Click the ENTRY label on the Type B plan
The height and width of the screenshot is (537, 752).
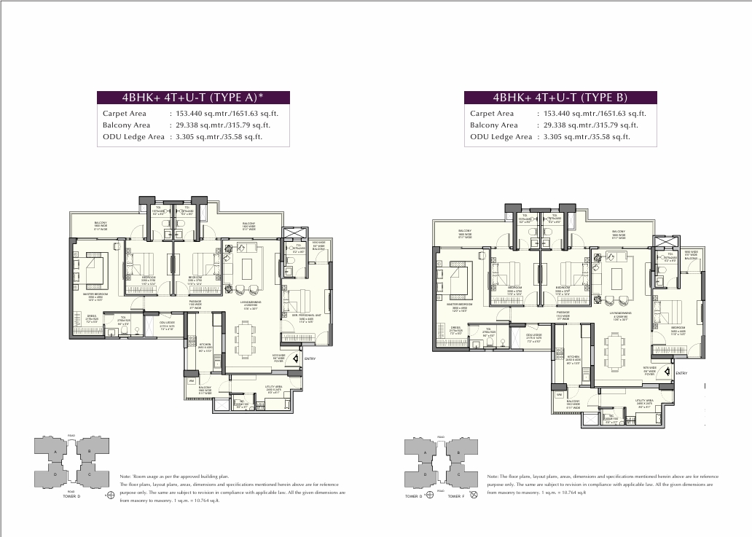point(681,374)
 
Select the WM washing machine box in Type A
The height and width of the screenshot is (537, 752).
point(191,380)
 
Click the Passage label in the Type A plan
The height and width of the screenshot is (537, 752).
point(195,302)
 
